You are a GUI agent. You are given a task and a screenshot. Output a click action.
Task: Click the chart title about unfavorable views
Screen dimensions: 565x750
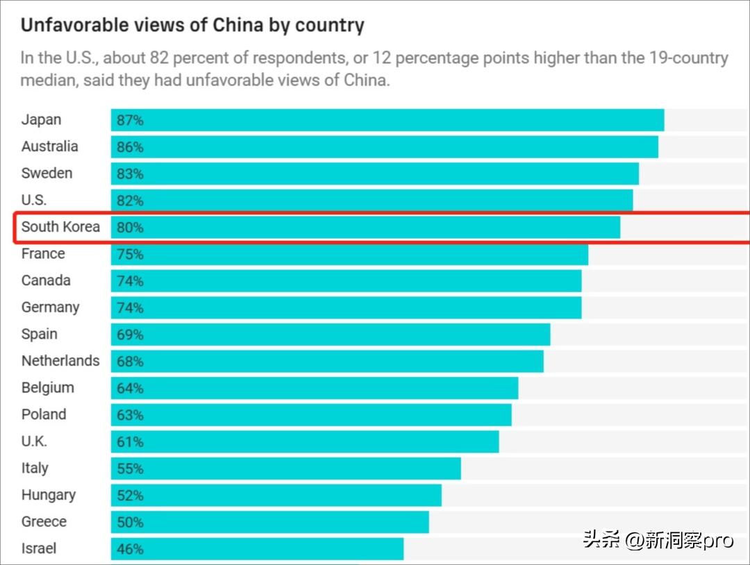click(192, 26)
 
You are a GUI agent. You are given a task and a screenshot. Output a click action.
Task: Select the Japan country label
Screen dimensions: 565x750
click(41, 119)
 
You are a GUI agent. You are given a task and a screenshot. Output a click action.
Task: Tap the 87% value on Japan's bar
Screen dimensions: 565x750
click(130, 120)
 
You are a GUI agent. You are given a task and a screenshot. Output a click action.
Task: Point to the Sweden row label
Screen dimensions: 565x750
click(47, 174)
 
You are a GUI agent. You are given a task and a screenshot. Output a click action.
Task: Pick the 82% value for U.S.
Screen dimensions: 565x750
click(130, 201)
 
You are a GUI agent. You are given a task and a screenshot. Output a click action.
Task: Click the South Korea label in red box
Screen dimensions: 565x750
click(60, 227)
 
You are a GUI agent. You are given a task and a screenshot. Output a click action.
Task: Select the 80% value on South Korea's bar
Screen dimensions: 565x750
click(130, 228)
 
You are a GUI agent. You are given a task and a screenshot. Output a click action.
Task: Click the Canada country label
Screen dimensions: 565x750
click(46, 280)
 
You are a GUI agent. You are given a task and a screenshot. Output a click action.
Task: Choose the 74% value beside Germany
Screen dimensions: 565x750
click(130, 307)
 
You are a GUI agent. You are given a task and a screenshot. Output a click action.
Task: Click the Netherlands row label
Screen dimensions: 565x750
click(60, 361)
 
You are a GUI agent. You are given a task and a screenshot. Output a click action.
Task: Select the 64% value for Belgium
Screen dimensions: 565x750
click(130, 388)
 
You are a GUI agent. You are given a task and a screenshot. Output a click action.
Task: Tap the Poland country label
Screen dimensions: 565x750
click(44, 414)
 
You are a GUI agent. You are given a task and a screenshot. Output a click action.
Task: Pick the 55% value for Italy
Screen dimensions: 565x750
click(130, 469)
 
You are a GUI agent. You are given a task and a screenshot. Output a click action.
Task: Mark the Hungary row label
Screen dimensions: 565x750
click(48, 495)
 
